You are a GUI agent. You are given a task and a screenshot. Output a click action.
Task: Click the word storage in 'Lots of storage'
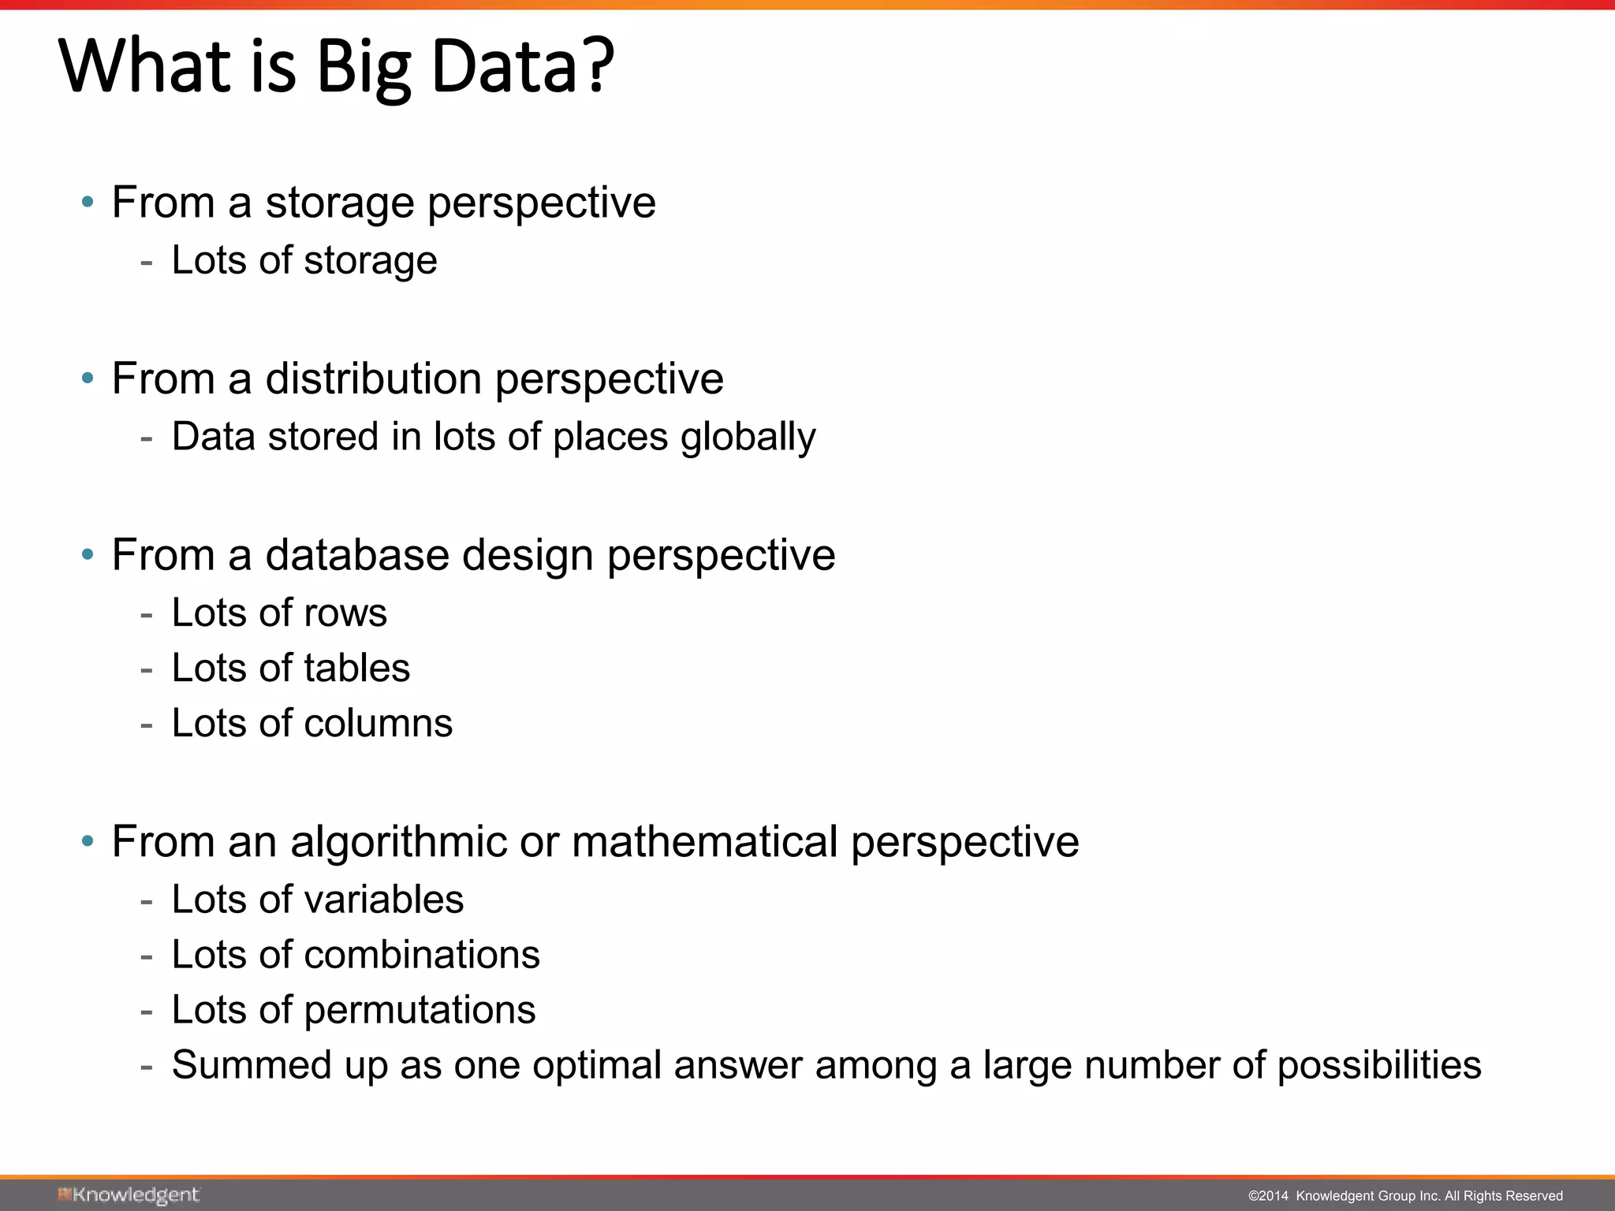click(x=370, y=261)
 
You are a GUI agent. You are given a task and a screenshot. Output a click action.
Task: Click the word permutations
click(x=420, y=1010)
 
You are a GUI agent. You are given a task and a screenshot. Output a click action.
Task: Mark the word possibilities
click(x=1378, y=1066)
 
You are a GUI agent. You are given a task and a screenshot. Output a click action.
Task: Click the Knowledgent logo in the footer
click(x=129, y=1195)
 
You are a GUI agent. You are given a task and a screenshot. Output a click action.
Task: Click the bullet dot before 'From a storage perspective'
click(x=88, y=203)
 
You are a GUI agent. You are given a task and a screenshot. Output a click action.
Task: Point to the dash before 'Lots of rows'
click(x=146, y=613)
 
